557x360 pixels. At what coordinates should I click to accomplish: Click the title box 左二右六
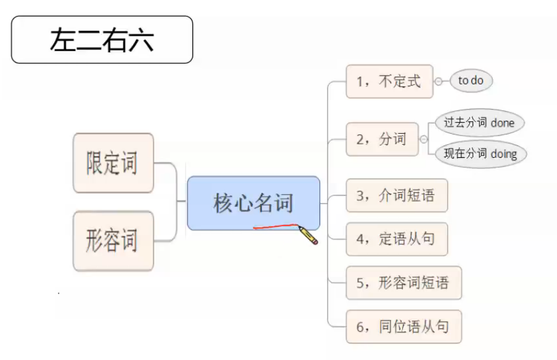click(102, 40)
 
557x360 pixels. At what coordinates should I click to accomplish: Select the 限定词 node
click(113, 163)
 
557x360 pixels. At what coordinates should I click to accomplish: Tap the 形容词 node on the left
click(113, 240)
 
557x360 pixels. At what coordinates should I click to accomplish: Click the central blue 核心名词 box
click(254, 203)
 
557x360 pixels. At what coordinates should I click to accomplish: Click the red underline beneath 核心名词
click(275, 226)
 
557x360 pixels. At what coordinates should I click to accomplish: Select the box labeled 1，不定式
click(389, 81)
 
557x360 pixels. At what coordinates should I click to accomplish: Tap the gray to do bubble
click(471, 81)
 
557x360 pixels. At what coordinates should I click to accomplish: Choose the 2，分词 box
click(382, 139)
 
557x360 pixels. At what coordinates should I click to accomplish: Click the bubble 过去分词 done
click(479, 122)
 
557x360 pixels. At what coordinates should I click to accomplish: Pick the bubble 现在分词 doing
click(481, 154)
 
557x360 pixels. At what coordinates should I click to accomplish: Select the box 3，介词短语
click(396, 196)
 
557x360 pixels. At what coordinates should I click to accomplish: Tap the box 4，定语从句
click(396, 239)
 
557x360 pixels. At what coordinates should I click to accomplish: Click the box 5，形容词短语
click(403, 283)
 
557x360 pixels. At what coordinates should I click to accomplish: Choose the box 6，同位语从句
click(403, 327)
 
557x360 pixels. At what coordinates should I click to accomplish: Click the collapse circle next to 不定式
click(439, 81)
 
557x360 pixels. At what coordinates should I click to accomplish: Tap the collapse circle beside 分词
click(424, 139)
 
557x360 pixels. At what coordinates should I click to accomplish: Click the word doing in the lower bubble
click(504, 154)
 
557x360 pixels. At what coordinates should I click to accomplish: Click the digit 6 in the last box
click(360, 327)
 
